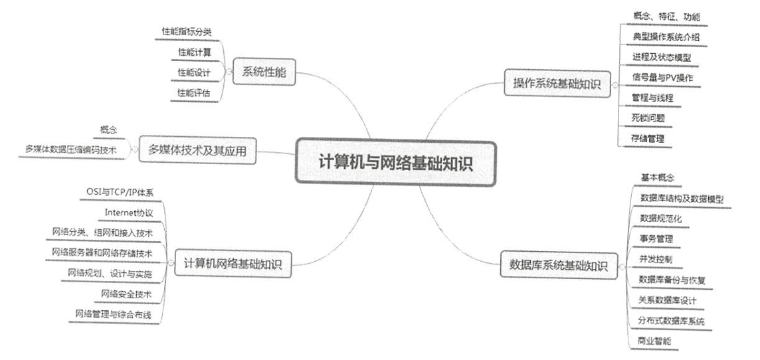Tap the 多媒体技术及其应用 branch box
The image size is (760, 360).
[x=196, y=151]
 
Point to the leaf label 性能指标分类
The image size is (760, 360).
[x=187, y=31]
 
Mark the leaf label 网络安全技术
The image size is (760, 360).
[x=126, y=294]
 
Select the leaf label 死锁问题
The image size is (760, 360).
[x=648, y=118]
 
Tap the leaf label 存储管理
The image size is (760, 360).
[x=648, y=138]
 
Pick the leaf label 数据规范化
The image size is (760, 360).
[x=656, y=218]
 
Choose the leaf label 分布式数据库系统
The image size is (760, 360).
[x=671, y=320]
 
